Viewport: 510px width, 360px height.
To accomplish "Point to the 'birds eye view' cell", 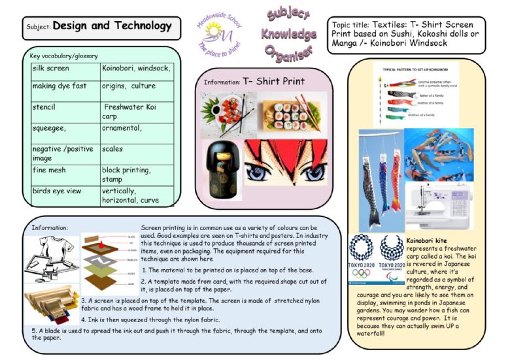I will click(57, 191).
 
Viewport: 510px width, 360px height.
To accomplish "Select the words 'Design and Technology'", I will click(112, 26).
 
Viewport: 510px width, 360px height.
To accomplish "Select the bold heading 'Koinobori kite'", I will click(428, 240).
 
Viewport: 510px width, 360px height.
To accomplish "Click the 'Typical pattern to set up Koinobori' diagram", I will click(415, 95).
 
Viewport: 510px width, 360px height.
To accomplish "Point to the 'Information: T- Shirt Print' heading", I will click(254, 82).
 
